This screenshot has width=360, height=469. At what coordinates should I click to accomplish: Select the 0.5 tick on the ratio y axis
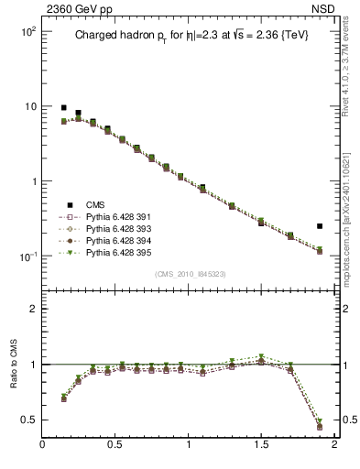click(27, 420)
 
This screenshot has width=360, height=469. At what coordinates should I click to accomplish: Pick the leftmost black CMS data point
click(63, 107)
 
